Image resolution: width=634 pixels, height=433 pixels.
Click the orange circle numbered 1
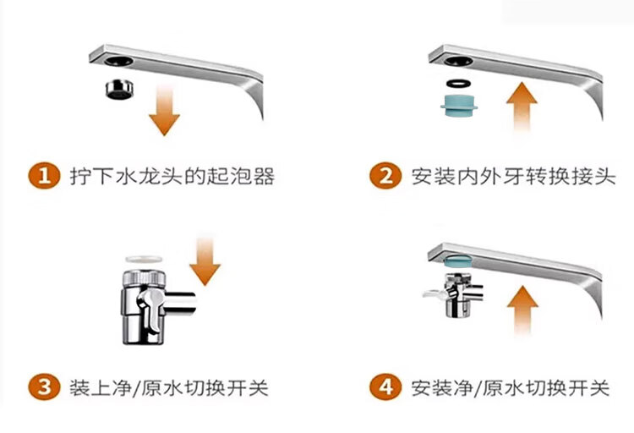(x=44, y=176)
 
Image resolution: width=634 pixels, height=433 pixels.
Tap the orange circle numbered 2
(x=385, y=176)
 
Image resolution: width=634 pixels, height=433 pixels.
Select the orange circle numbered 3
(x=44, y=386)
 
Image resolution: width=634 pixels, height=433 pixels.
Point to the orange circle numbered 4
(x=385, y=386)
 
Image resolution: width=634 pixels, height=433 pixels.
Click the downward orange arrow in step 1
(x=164, y=110)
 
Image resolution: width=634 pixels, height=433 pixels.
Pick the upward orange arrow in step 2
(x=522, y=107)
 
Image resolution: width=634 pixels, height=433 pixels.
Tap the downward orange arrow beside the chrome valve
(x=205, y=261)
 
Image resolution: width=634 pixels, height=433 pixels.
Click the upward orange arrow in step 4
(x=522, y=310)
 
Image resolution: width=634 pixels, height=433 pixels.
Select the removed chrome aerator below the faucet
(x=119, y=90)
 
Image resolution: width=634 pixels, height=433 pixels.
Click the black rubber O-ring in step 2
(x=458, y=84)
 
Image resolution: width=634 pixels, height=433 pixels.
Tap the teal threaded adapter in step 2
(x=459, y=105)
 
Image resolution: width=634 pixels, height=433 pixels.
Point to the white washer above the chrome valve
(x=144, y=259)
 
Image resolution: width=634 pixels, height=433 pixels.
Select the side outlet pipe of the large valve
(x=181, y=303)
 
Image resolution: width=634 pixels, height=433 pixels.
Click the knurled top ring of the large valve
(x=144, y=277)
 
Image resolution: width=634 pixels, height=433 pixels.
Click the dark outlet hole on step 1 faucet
(x=118, y=62)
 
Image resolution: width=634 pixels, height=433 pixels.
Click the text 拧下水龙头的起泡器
(x=172, y=177)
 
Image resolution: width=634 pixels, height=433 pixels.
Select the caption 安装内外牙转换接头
(x=513, y=177)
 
